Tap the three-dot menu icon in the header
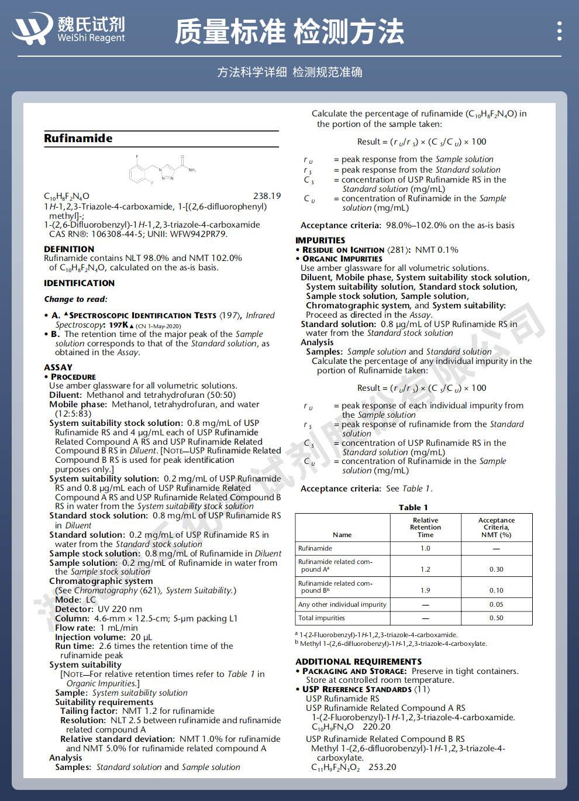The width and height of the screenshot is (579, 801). (559, 30)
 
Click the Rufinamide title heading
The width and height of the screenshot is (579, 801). (78, 139)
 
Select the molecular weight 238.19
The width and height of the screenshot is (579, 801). (267, 196)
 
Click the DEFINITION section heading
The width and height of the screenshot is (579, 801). (69, 249)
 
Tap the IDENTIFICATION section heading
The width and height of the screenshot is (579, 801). (79, 283)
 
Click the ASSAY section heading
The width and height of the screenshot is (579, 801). (58, 367)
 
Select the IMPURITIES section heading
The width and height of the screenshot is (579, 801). (320, 240)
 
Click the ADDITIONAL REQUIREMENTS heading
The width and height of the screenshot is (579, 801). (359, 661)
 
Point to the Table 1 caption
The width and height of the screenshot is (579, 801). (413, 507)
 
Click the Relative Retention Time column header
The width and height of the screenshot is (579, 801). (425, 527)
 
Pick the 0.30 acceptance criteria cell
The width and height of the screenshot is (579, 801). (496, 569)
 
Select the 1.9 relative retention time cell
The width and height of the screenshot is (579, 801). (425, 590)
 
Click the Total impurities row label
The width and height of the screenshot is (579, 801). (322, 618)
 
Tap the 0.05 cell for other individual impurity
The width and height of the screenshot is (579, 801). (496, 604)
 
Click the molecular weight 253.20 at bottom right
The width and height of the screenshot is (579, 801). (382, 767)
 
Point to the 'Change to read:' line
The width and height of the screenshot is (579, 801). (75, 300)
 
